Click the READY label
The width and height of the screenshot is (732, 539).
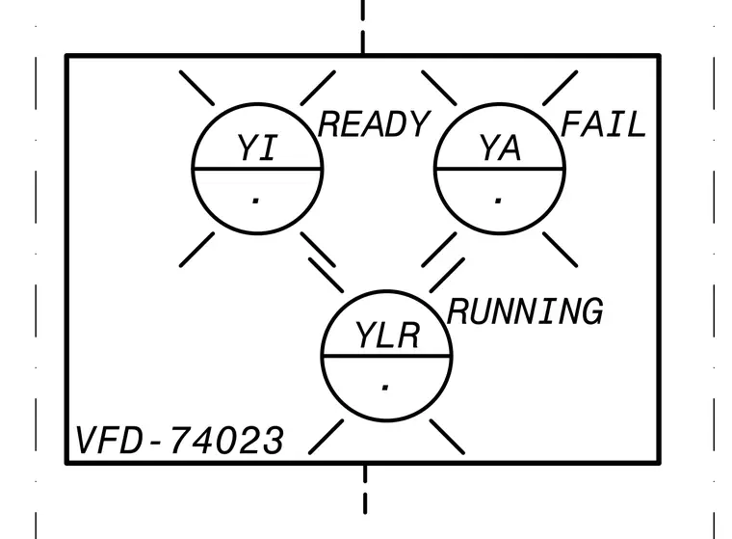tap(373, 124)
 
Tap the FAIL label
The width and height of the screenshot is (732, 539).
tap(603, 124)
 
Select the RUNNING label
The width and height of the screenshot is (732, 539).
tap(525, 311)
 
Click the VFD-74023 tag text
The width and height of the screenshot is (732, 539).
tap(179, 440)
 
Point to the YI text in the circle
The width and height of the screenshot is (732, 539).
tap(257, 148)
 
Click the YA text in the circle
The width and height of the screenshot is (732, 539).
tap(500, 148)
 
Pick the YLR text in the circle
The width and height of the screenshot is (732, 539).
tap(387, 336)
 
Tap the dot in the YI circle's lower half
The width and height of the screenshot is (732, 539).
tap(255, 202)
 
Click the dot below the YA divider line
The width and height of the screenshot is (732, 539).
tap(498, 202)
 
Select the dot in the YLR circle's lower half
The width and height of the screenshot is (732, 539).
tap(385, 388)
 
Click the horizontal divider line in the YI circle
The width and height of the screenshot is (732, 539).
tap(257, 169)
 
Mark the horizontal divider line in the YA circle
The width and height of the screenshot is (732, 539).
tap(500, 169)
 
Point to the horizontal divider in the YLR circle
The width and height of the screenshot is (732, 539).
tap(386, 356)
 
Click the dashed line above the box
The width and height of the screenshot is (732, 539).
tap(363, 27)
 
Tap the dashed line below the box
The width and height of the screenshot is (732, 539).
tap(365, 489)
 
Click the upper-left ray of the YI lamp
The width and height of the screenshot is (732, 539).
tap(197, 88)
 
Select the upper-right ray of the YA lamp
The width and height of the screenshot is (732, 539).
tap(561, 88)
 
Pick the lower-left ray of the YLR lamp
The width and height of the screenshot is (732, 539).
tap(326, 437)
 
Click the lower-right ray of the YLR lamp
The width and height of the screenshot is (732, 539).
tap(447, 437)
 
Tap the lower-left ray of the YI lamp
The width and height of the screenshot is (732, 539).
tap(197, 250)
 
